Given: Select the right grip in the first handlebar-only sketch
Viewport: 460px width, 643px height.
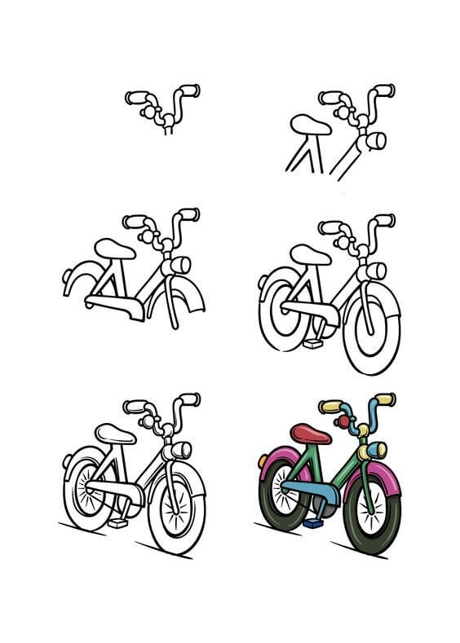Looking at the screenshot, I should click(x=190, y=88).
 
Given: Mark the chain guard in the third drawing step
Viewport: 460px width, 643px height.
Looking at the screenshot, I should click(x=113, y=305).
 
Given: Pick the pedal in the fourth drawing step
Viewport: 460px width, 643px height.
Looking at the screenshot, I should click(x=312, y=344).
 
